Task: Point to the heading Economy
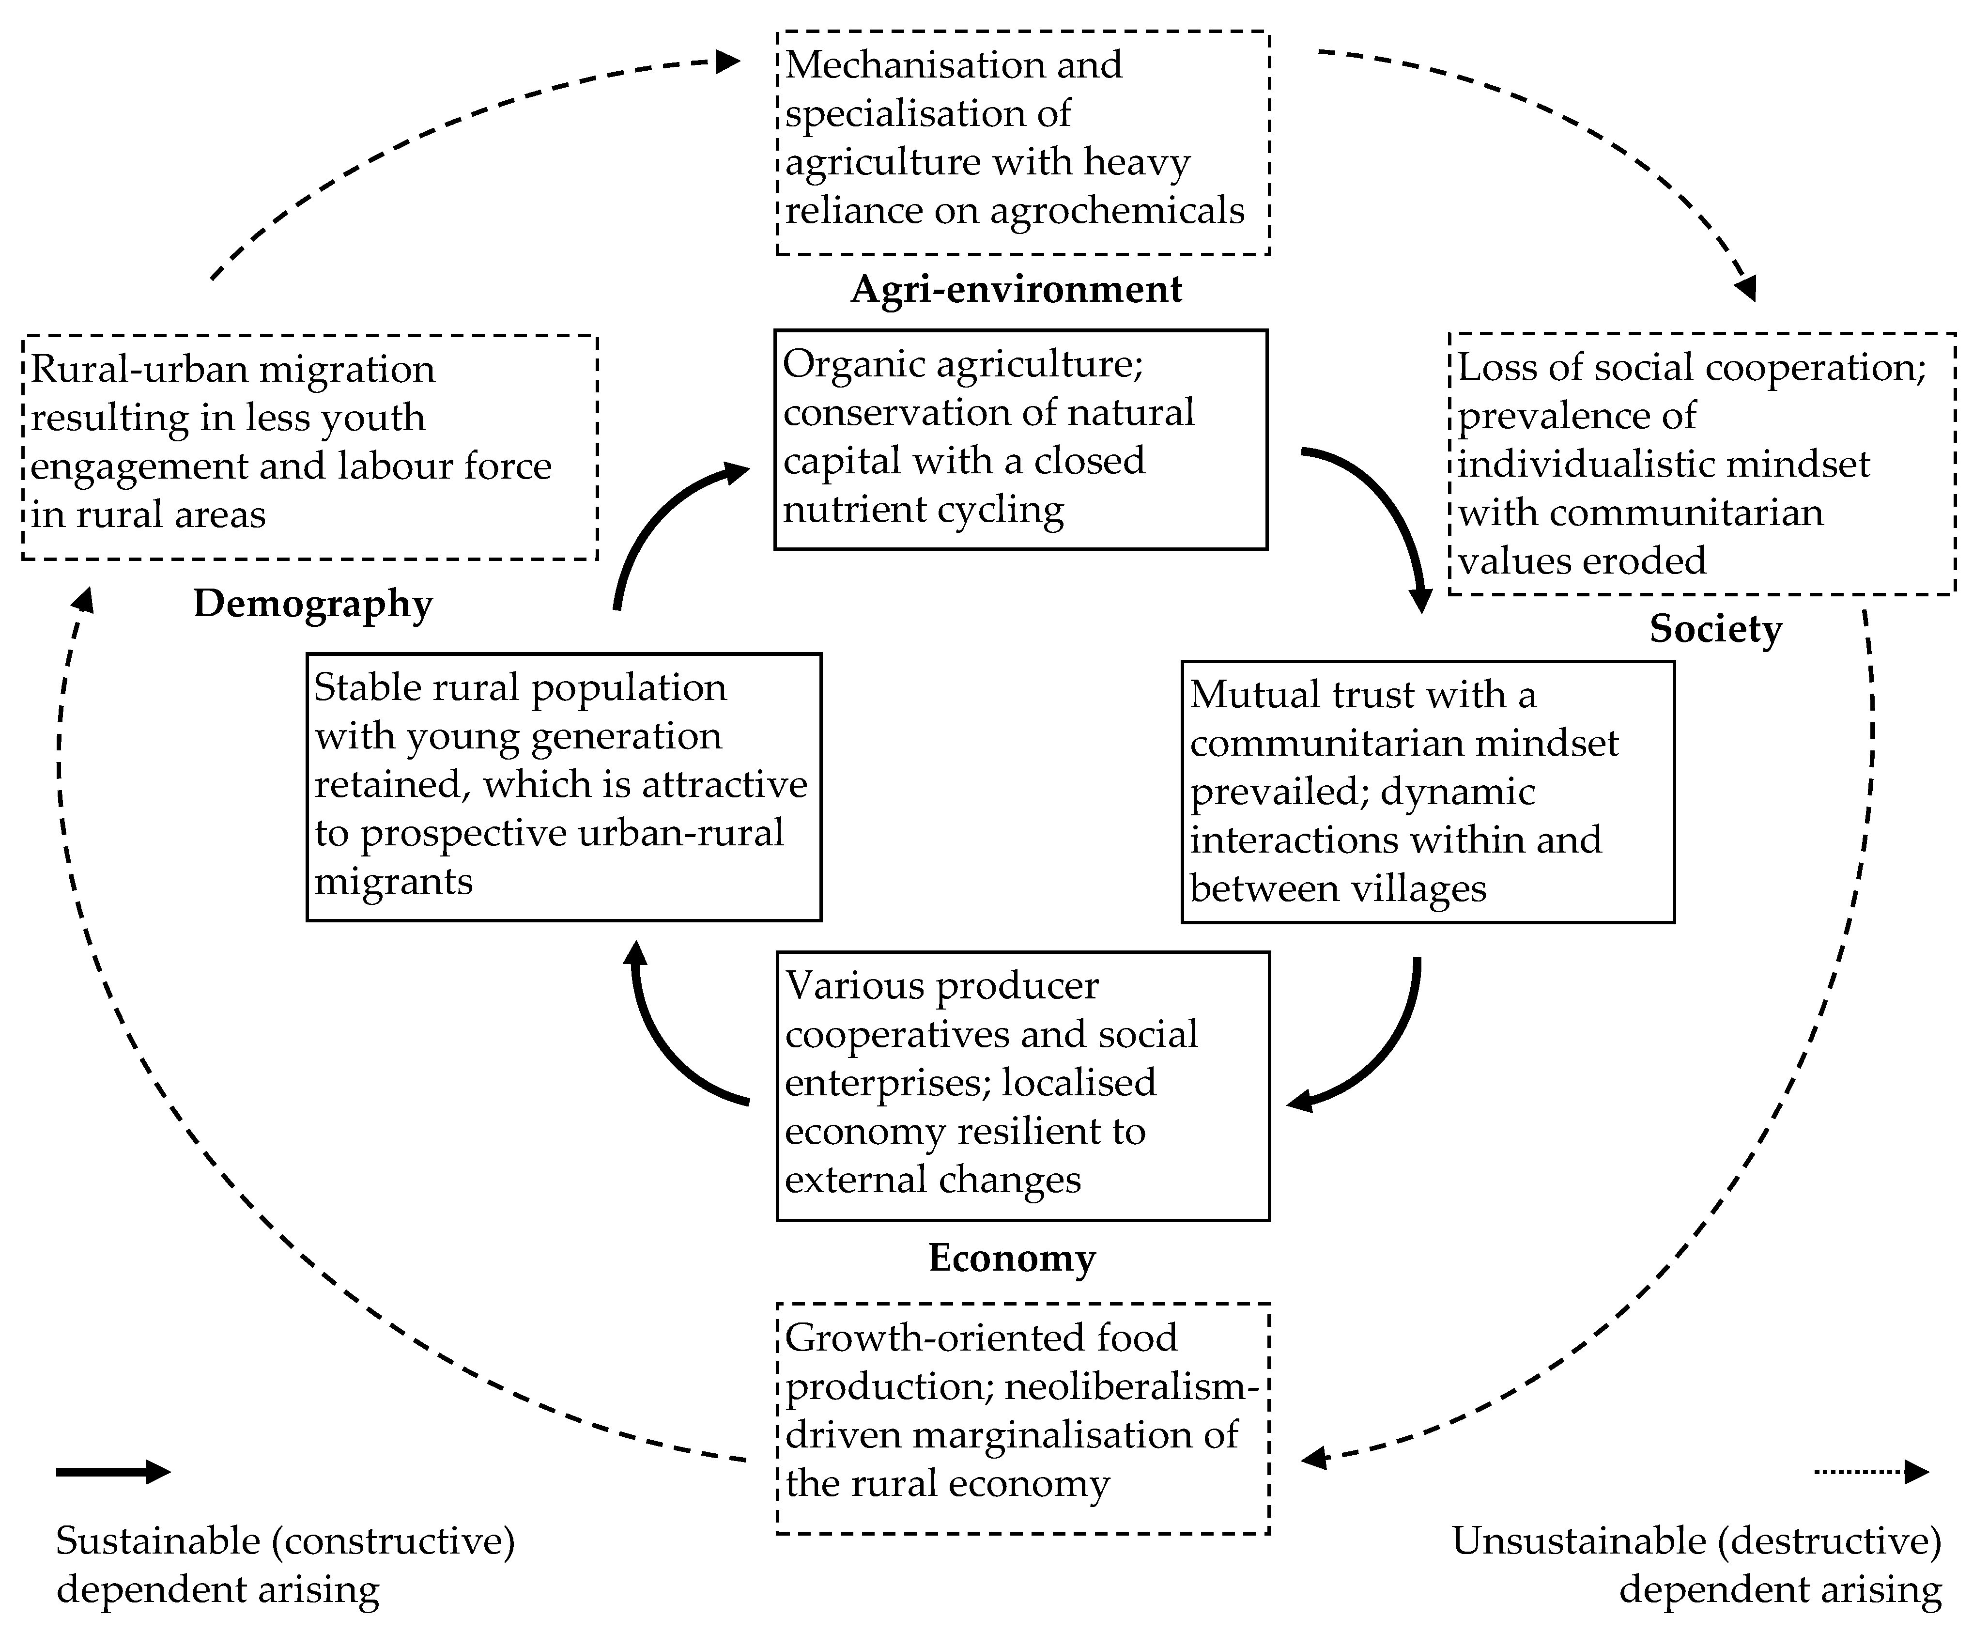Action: [1012, 1258]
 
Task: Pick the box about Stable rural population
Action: [564, 786]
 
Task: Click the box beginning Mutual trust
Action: [1427, 792]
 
